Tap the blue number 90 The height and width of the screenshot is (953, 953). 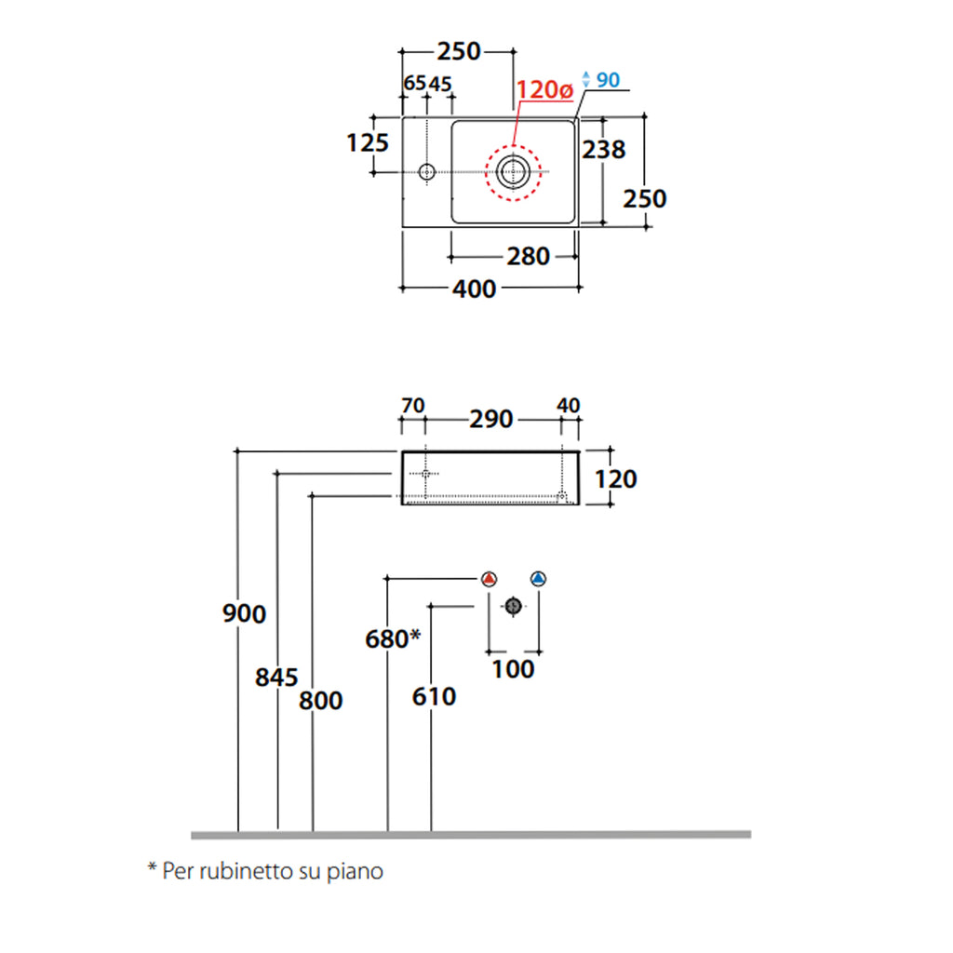pyautogui.click(x=608, y=80)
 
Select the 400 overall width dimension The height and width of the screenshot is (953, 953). pyautogui.click(x=474, y=289)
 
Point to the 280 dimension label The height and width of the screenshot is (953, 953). pyautogui.click(x=528, y=256)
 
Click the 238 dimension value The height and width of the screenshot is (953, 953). pyautogui.click(x=603, y=149)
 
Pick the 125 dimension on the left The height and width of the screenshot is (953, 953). pyautogui.click(x=367, y=143)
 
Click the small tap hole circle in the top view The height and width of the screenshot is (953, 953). pyautogui.click(x=427, y=171)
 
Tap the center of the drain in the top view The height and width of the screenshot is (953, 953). pyautogui.click(x=512, y=170)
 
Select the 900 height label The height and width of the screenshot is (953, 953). pyautogui.click(x=245, y=614)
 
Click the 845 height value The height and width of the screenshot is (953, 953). pyautogui.click(x=276, y=677)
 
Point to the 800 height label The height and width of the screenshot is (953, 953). pyautogui.click(x=320, y=700)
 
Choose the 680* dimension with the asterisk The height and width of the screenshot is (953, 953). pyautogui.click(x=394, y=639)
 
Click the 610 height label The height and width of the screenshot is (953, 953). pyautogui.click(x=434, y=696)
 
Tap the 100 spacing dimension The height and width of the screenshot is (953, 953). pyautogui.click(x=513, y=669)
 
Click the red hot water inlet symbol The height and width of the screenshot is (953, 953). pyautogui.click(x=490, y=578)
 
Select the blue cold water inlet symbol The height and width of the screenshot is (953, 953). pyautogui.click(x=538, y=578)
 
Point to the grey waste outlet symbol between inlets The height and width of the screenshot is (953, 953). pyautogui.click(x=513, y=606)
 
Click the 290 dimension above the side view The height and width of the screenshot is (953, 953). pyautogui.click(x=490, y=420)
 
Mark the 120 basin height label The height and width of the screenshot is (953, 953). pyautogui.click(x=617, y=478)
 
